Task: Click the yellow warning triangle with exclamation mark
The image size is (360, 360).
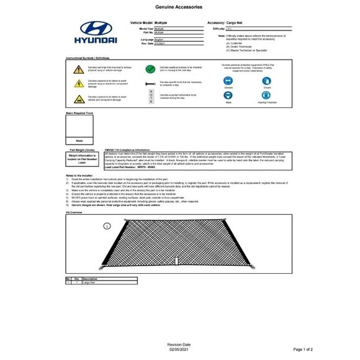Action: (79, 68)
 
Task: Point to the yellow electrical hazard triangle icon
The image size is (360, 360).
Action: (79, 83)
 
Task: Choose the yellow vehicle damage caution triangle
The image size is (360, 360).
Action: (79, 98)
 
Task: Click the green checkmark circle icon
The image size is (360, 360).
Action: (150, 69)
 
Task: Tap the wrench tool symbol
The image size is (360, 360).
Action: (150, 83)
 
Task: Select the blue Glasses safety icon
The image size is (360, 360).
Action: (229, 80)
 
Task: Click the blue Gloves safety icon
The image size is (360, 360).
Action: (267, 80)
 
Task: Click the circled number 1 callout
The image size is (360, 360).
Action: (107, 227)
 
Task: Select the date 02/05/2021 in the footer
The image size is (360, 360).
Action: (179, 350)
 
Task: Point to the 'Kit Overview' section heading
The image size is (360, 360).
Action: (74, 212)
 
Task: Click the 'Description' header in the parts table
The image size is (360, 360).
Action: (89, 279)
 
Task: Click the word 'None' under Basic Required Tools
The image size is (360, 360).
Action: (79, 140)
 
